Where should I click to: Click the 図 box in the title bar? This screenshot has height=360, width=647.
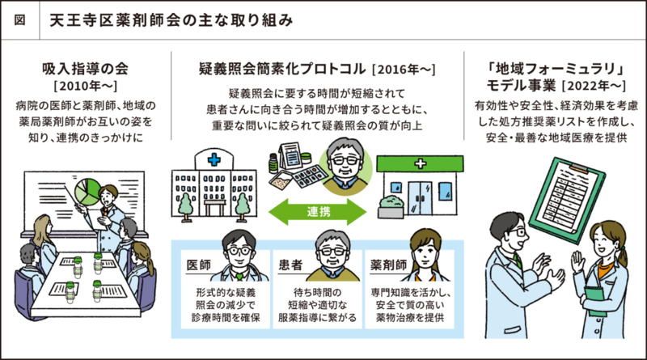pos(19,17)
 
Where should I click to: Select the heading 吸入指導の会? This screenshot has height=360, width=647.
pos(84,68)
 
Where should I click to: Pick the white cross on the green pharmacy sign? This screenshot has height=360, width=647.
pos(417,164)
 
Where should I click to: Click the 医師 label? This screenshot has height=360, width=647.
pos(199,265)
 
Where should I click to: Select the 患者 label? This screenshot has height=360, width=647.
pos(291,265)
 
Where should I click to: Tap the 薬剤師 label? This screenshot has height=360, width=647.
pos(387,265)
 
